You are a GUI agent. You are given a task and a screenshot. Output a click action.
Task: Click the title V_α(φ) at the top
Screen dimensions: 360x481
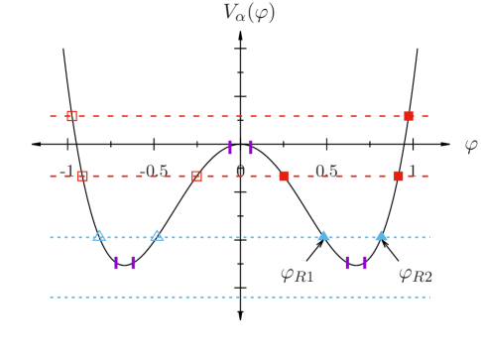click(x=249, y=12)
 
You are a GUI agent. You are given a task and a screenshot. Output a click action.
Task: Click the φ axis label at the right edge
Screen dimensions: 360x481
click(x=471, y=146)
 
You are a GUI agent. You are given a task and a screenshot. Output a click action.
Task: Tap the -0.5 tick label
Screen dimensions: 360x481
click(x=155, y=171)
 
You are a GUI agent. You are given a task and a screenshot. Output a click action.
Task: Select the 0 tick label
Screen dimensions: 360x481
click(x=240, y=171)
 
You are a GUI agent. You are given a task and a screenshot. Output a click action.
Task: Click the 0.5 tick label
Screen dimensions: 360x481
click(x=326, y=171)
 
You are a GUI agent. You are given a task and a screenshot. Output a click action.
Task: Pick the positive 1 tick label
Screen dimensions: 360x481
click(x=412, y=171)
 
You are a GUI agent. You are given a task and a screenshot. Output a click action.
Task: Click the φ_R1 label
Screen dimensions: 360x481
click(x=297, y=275)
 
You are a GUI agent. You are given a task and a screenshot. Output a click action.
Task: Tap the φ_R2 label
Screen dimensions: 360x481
click(x=416, y=275)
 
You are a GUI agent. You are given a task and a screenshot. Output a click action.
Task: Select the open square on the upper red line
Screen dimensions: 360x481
click(x=72, y=116)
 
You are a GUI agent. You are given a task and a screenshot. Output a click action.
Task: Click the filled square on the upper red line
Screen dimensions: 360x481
click(x=409, y=116)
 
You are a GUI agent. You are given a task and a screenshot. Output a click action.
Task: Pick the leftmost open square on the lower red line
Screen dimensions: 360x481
click(x=83, y=176)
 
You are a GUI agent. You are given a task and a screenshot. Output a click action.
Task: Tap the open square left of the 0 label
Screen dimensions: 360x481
click(x=196, y=176)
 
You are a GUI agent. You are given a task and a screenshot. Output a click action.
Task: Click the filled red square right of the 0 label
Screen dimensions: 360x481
click(x=284, y=176)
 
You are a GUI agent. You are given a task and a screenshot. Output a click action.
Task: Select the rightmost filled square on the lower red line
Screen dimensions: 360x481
click(x=398, y=176)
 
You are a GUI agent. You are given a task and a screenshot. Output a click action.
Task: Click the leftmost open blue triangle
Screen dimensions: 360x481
click(x=99, y=236)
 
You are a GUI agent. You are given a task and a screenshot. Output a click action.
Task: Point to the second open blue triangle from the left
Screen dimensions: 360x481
click(x=157, y=236)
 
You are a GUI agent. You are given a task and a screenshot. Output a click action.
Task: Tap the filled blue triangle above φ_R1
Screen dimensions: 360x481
click(x=323, y=236)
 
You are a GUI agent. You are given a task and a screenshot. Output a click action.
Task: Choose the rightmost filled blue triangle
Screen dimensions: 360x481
click(x=381, y=236)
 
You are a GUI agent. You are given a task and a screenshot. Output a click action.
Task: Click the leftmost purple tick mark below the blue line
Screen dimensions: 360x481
click(x=116, y=263)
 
